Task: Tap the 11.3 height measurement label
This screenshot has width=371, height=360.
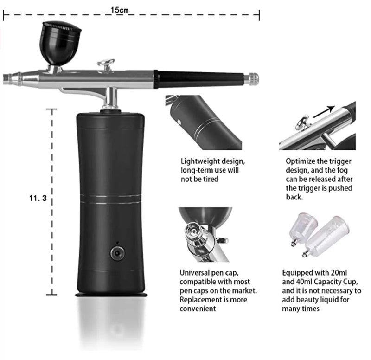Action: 38,198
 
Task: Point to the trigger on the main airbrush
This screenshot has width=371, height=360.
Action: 106,64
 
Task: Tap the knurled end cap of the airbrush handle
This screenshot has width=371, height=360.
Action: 253,79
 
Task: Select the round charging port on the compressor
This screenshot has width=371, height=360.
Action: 117,253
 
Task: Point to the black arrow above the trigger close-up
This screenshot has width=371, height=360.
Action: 323,111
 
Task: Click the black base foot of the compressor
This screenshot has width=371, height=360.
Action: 111,297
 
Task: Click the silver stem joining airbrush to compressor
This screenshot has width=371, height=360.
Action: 110,98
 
